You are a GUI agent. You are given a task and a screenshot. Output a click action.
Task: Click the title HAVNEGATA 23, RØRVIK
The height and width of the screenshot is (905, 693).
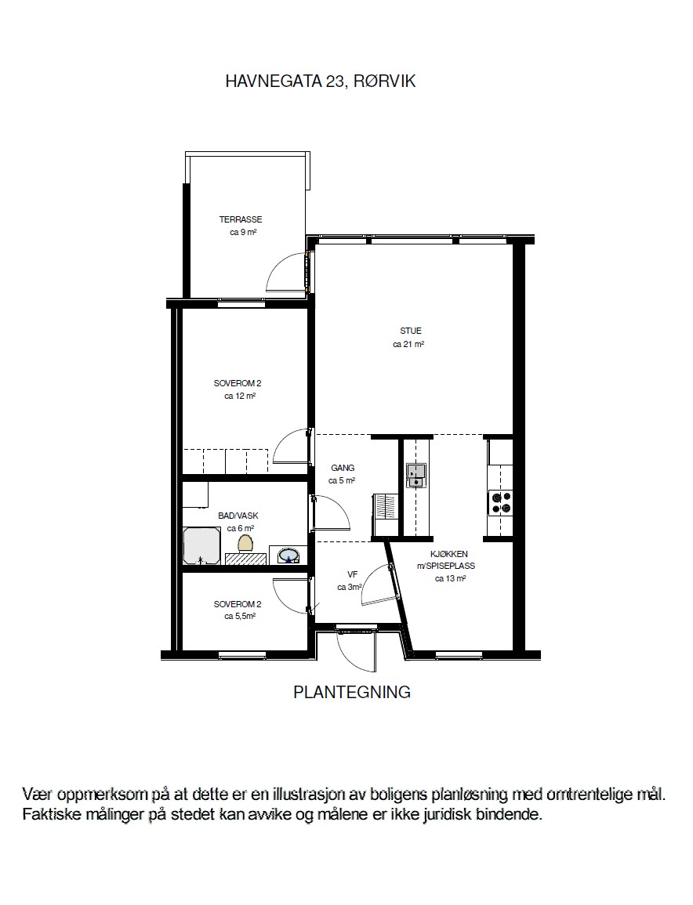pyautogui.click(x=321, y=81)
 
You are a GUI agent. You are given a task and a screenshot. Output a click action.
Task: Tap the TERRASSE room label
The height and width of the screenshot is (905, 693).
pyautogui.click(x=240, y=219)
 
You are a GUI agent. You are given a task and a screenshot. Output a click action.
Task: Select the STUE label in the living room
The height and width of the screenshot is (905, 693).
pyautogui.click(x=411, y=331)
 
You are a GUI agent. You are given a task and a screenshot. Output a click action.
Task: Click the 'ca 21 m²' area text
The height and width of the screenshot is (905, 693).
pyautogui.click(x=409, y=345)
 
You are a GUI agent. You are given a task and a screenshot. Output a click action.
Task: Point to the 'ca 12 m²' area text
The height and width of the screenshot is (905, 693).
pyautogui.click(x=240, y=396)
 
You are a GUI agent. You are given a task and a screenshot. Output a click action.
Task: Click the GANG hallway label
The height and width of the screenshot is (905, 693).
pyautogui.click(x=343, y=468)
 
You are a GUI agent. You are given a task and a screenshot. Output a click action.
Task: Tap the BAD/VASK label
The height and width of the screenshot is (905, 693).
pyautogui.click(x=238, y=516)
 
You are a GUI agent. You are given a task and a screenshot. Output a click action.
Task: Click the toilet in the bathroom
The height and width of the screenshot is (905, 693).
pyautogui.click(x=246, y=542)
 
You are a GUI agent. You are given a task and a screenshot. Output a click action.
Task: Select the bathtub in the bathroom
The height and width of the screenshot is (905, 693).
pyautogui.click(x=201, y=545)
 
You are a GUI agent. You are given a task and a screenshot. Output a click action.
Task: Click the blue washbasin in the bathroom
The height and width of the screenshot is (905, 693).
pyautogui.click(x=288, y=556)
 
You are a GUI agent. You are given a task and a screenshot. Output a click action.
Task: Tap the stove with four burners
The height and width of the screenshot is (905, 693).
pyautogui.click(x=501, y=502)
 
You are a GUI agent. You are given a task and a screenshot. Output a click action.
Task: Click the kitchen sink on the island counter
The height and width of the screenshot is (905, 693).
pyautogui.click(x=415, y=475)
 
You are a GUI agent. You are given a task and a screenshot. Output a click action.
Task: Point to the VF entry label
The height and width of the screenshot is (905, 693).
pyautogui.click(x=352, y=574)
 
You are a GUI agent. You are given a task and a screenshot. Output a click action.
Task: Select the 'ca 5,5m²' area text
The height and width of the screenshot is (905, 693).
pyautogui.click(x=240, y=617)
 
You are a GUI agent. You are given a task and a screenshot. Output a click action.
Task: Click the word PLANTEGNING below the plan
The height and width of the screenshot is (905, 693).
pyautogui.click(x=352, y=692)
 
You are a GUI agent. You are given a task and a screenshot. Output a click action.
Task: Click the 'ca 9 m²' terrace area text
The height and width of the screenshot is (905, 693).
pyautogui.click(x=243, y=233)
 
